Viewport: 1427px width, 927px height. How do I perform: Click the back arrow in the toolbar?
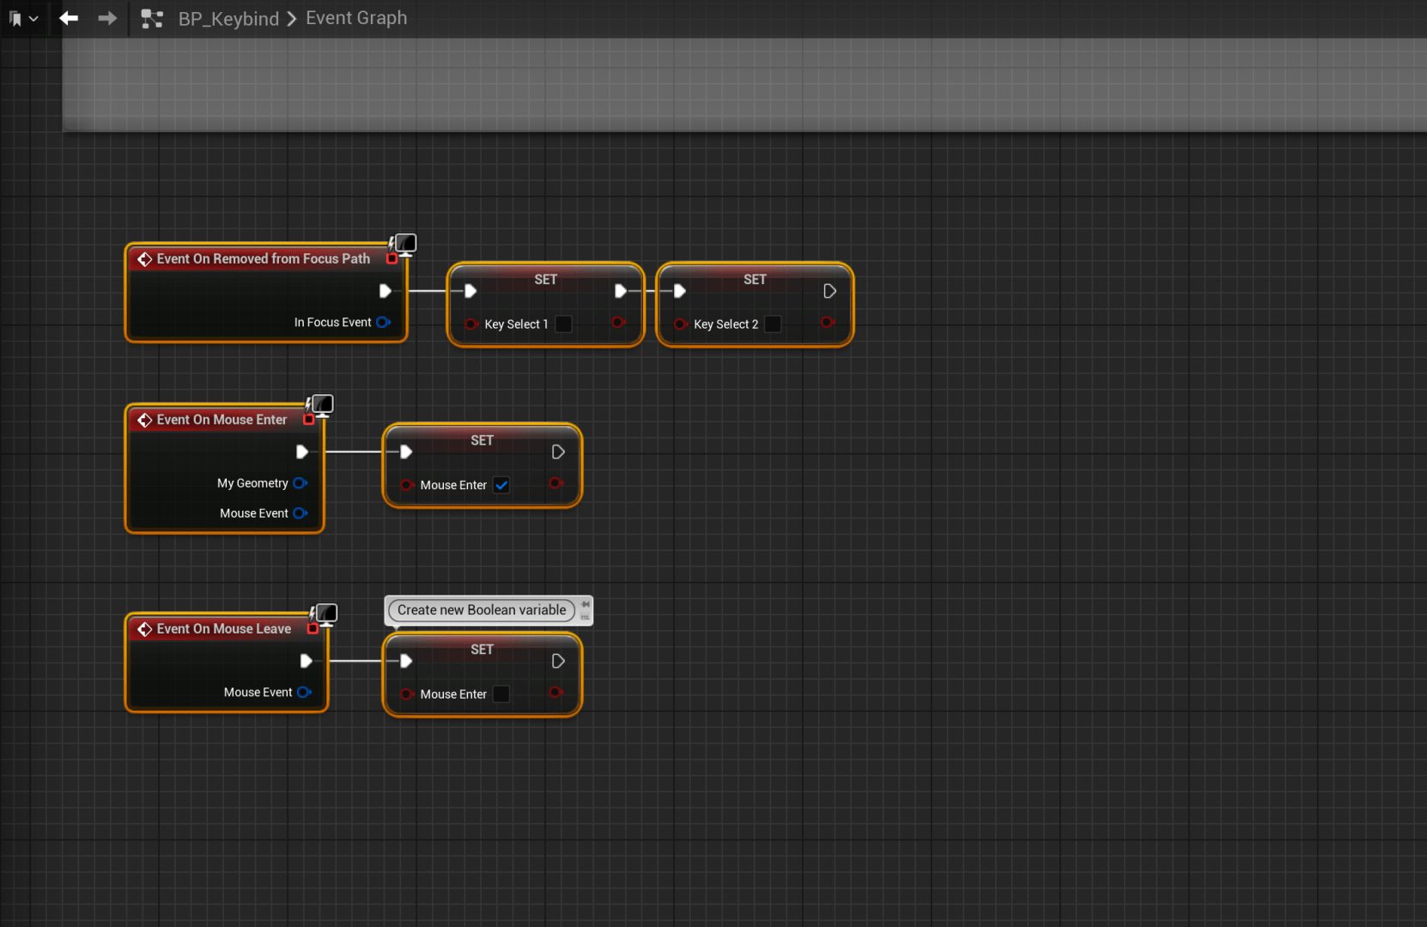[69, 18]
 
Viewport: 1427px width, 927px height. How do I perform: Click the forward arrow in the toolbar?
[107, 18]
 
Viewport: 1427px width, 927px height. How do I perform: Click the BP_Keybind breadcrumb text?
[228, 19]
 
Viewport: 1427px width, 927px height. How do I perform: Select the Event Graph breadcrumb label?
[356, 18]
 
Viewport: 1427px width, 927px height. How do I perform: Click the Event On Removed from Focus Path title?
[263, 258]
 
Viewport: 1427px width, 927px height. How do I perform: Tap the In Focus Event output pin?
[383, 322]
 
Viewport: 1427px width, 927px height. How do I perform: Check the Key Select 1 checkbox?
[564, 324]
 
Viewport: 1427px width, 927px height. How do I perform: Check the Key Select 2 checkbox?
[773, 324]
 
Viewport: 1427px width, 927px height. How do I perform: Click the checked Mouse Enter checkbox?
[501, 485]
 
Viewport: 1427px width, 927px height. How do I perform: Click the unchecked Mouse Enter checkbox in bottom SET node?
[501, 694]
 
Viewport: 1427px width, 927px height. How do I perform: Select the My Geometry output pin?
[300, 483]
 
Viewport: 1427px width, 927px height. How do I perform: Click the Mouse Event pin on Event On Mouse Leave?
[304, 692]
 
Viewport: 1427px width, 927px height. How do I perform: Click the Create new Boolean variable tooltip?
[482, 610]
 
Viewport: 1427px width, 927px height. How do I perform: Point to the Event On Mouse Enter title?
[222, 420]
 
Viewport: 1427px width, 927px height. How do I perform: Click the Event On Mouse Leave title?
[223, 629]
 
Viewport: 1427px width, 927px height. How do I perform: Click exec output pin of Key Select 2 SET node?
[829, 291]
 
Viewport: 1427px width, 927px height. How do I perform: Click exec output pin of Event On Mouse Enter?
[302, 451]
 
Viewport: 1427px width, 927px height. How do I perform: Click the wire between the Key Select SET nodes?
[650, 291]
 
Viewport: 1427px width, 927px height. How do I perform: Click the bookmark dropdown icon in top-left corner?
[22, 18]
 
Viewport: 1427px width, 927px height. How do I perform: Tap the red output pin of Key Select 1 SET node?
[617, 323]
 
